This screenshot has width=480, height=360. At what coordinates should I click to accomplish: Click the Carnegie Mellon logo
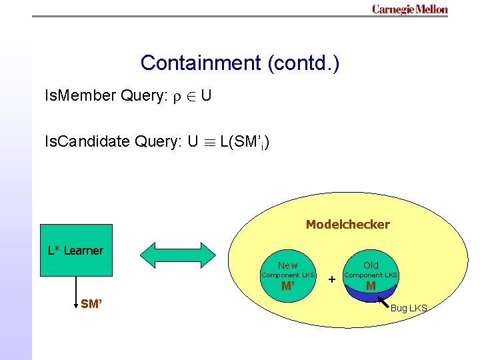point(409,9)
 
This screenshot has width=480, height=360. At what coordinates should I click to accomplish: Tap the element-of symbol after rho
point(189,97)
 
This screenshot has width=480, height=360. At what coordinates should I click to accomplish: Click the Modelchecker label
point(347,225)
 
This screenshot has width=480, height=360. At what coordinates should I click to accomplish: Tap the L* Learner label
point(75,251)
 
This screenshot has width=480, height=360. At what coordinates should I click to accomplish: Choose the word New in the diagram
point(288,265)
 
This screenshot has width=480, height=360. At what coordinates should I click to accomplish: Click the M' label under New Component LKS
point(288,287)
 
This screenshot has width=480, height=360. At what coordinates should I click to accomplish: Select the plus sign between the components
point(331,279)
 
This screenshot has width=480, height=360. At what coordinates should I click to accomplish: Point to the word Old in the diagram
point(371,265)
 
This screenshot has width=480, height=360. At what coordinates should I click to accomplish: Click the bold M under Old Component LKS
point(371,287)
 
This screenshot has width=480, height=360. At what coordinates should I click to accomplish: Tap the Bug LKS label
point(409,308)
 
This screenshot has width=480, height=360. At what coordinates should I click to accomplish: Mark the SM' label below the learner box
point(91,304)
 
